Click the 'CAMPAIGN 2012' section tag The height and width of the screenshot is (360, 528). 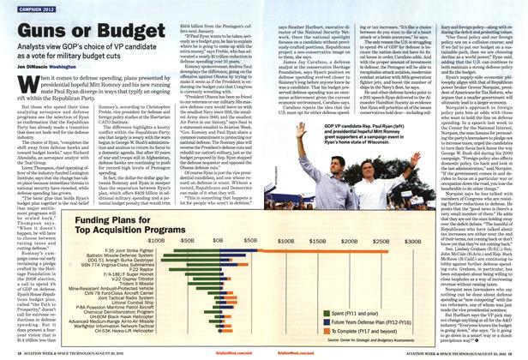coord(27,8)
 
